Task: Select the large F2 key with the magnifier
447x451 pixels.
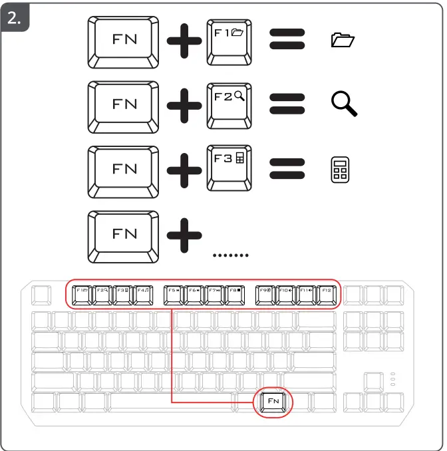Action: click(229, 104)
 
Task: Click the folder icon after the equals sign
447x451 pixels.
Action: click(343, 41)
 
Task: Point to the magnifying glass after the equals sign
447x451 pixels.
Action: click(345, 104)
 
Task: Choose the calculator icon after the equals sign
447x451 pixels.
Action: click(340, 169)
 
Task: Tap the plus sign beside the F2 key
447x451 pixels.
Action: click(184, 104)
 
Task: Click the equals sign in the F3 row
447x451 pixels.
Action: click(287, 168)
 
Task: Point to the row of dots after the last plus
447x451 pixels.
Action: click(230, 255)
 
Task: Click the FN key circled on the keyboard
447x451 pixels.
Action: click(273, 402)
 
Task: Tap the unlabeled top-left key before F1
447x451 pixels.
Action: click(41, 294)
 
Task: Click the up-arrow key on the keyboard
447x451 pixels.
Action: click(374, 382)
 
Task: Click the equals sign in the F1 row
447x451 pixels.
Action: click(287, 41)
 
